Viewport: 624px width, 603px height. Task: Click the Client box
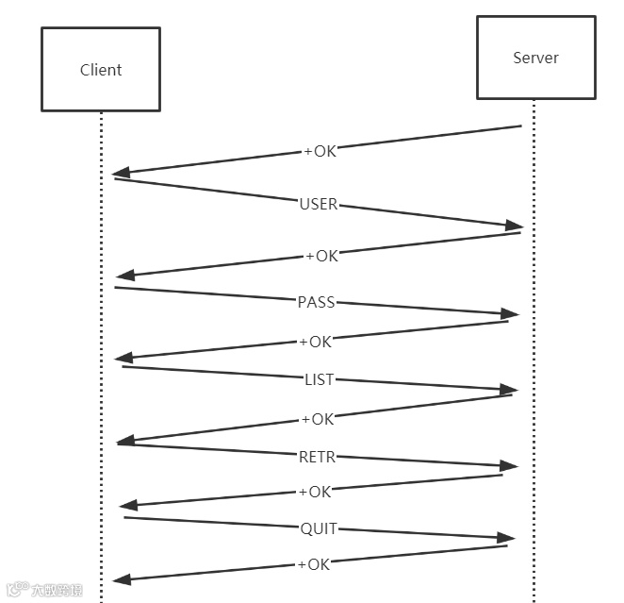[x=101, y=69]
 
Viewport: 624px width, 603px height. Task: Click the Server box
[x=535, y=58]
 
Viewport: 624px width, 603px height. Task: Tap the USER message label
[x=319, y=204]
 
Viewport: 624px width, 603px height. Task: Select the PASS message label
[x=317, y=302]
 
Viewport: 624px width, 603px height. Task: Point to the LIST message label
[x=319, y=379]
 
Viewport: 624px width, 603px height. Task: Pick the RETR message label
[x=317, y=457]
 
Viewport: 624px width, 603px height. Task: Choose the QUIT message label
[x=319, y=528]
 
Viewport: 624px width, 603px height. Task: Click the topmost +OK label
[x=320, y=151]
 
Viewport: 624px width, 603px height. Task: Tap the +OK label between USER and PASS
[x=321, y=256]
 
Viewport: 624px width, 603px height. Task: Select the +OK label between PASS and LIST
[x=316, y=342]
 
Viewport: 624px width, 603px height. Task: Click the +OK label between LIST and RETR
[x=317, y=419]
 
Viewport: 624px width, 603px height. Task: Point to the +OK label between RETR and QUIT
[x=315, y=492]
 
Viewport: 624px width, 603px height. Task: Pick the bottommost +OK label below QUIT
[x=314, y=564]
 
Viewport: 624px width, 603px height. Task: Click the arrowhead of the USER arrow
[x=514, y=226]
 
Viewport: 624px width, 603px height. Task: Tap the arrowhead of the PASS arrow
[x=511, y=313]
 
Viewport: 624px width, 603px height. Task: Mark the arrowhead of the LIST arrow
[x=509, y=390]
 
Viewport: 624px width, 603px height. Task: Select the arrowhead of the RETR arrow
[x=509, y=465]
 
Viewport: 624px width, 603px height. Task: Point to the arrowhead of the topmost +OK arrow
[x=121, y=174]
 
